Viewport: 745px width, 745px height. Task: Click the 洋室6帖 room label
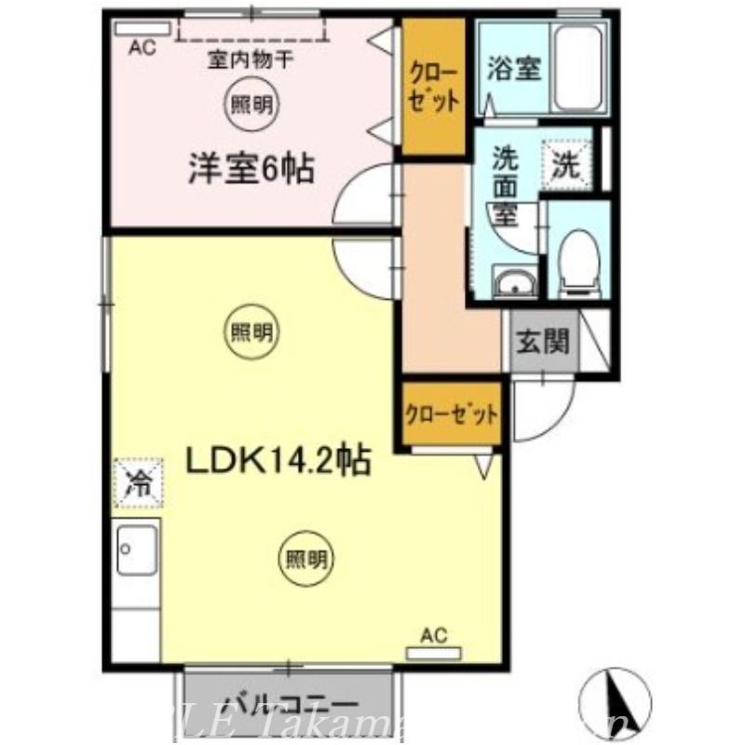click(x=251, y=169)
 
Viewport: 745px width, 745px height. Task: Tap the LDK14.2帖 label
click(x=279, y=460)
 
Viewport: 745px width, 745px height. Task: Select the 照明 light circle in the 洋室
click(x=251, y=105)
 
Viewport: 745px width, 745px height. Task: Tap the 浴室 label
click(x=514, y=70)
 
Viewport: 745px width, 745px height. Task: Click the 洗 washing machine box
click(x=567, y=166)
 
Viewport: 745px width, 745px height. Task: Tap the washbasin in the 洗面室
click(x=512, y=282)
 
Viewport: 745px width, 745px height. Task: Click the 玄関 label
click(x=542, y=344)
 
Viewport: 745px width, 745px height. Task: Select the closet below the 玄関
click(x=451, y=413)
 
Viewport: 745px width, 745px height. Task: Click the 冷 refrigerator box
click(x=139, y=482)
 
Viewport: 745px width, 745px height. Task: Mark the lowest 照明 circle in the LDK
click(x=306, y=560)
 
